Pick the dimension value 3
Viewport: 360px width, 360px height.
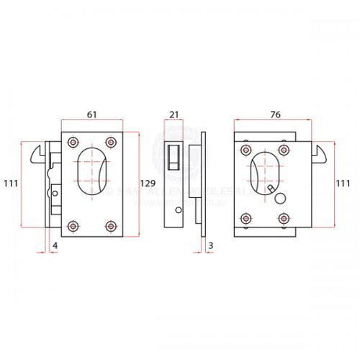(x=210, y=246)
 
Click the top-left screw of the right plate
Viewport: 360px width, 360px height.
(x=246, y=150)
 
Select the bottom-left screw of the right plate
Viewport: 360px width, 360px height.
(x=246, y=217)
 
